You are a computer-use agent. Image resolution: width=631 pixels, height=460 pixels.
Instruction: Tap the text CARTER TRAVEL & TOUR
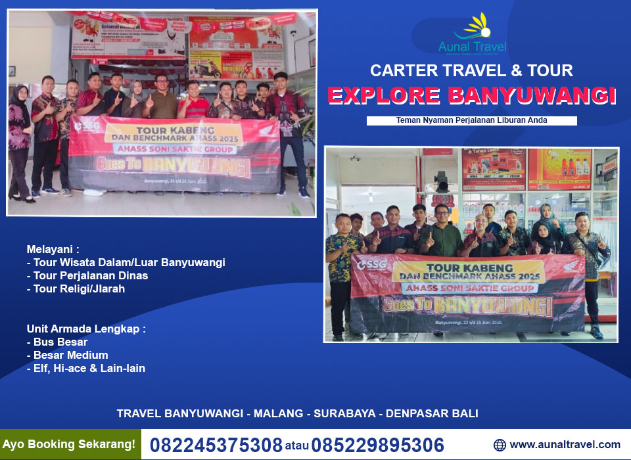(471, 70)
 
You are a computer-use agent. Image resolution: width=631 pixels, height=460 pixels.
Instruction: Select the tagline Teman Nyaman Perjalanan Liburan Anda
(471, 120)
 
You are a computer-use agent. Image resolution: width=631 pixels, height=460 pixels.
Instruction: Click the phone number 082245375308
(216, 445)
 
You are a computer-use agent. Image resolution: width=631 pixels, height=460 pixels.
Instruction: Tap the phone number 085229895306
(377, 445)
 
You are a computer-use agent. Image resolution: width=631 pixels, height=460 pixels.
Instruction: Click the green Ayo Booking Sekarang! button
(70, 444)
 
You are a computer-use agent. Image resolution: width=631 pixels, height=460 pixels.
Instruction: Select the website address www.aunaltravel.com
(565, 445)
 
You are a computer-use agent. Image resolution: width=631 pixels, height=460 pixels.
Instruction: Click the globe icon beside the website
(500, 445)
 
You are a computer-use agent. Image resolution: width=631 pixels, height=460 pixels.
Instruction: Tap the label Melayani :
(53, 249)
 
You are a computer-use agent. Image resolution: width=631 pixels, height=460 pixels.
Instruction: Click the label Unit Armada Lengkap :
(86, 328)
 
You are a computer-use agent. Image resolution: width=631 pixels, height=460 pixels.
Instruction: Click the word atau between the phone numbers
(296, 446)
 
